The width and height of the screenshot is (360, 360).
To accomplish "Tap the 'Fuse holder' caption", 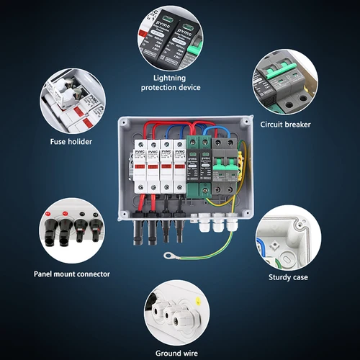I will pyautogui.click(x=71, y=141).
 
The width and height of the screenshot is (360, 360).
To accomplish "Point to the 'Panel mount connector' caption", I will pyautogui.click(x=72, y=274).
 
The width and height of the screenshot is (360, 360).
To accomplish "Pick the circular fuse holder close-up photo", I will pyautogui.click(x=71, y=98).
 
